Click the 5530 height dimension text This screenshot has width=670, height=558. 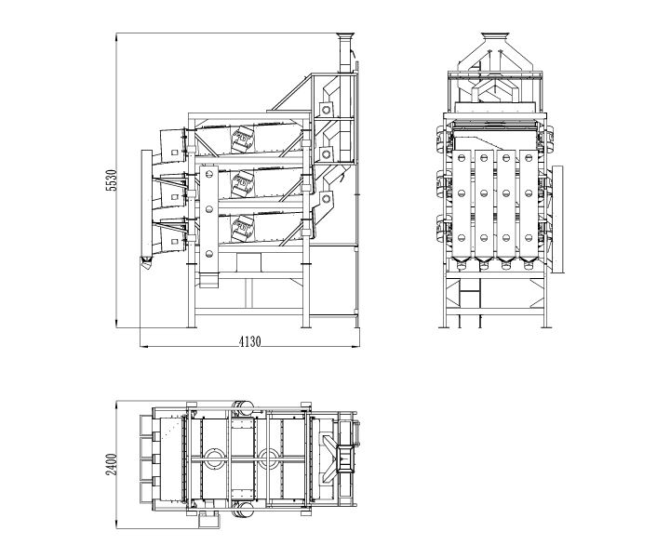click(x=112, y=180)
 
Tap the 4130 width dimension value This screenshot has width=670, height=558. click(x=248, y=341)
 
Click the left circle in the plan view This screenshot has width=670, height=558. click(x=215, y=458)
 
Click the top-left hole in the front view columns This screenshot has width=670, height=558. click(x=461, y=160)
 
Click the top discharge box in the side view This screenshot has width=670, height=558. click(x=170, y=142)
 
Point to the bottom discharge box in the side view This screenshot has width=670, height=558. click(x=170, y=232)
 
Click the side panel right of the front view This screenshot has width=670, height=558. click(x=557, y=220)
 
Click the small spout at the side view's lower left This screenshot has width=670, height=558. click(x=146, y=264)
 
